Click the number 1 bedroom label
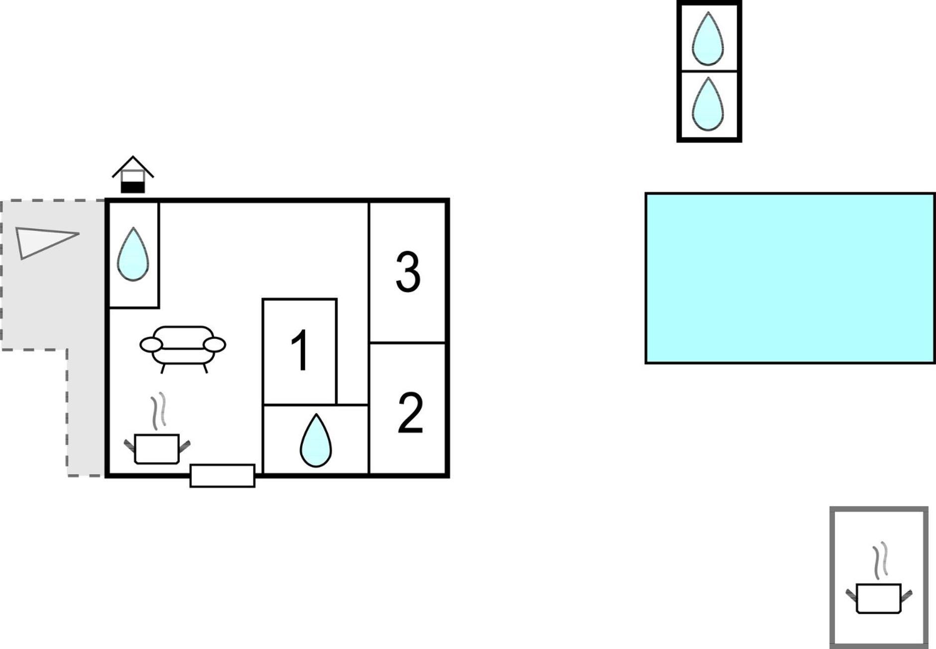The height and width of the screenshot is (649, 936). [301, 350]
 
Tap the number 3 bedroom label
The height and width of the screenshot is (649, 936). [408, 271]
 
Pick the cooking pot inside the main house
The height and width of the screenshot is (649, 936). [157, 449]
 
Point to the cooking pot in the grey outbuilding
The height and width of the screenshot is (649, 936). [879, 598]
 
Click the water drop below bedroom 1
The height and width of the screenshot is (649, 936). [316, 440]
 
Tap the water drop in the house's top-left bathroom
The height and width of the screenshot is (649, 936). [133, 255]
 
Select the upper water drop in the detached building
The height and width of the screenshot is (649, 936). [708, 39]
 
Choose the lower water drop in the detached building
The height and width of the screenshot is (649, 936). [708, 104]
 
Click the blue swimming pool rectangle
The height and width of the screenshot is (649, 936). [790, 278]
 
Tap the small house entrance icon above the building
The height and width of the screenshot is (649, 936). [133, 174]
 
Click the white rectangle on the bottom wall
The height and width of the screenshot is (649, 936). [223, 476]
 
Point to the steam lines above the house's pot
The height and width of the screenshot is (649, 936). [159, 411]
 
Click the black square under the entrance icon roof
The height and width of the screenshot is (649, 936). [133, 187]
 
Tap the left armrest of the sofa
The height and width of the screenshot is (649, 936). [151, 344]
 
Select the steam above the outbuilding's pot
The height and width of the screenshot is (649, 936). [881, 560]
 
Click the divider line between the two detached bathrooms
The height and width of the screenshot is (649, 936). [709, 71]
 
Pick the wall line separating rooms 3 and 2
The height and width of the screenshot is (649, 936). [407, 343]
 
